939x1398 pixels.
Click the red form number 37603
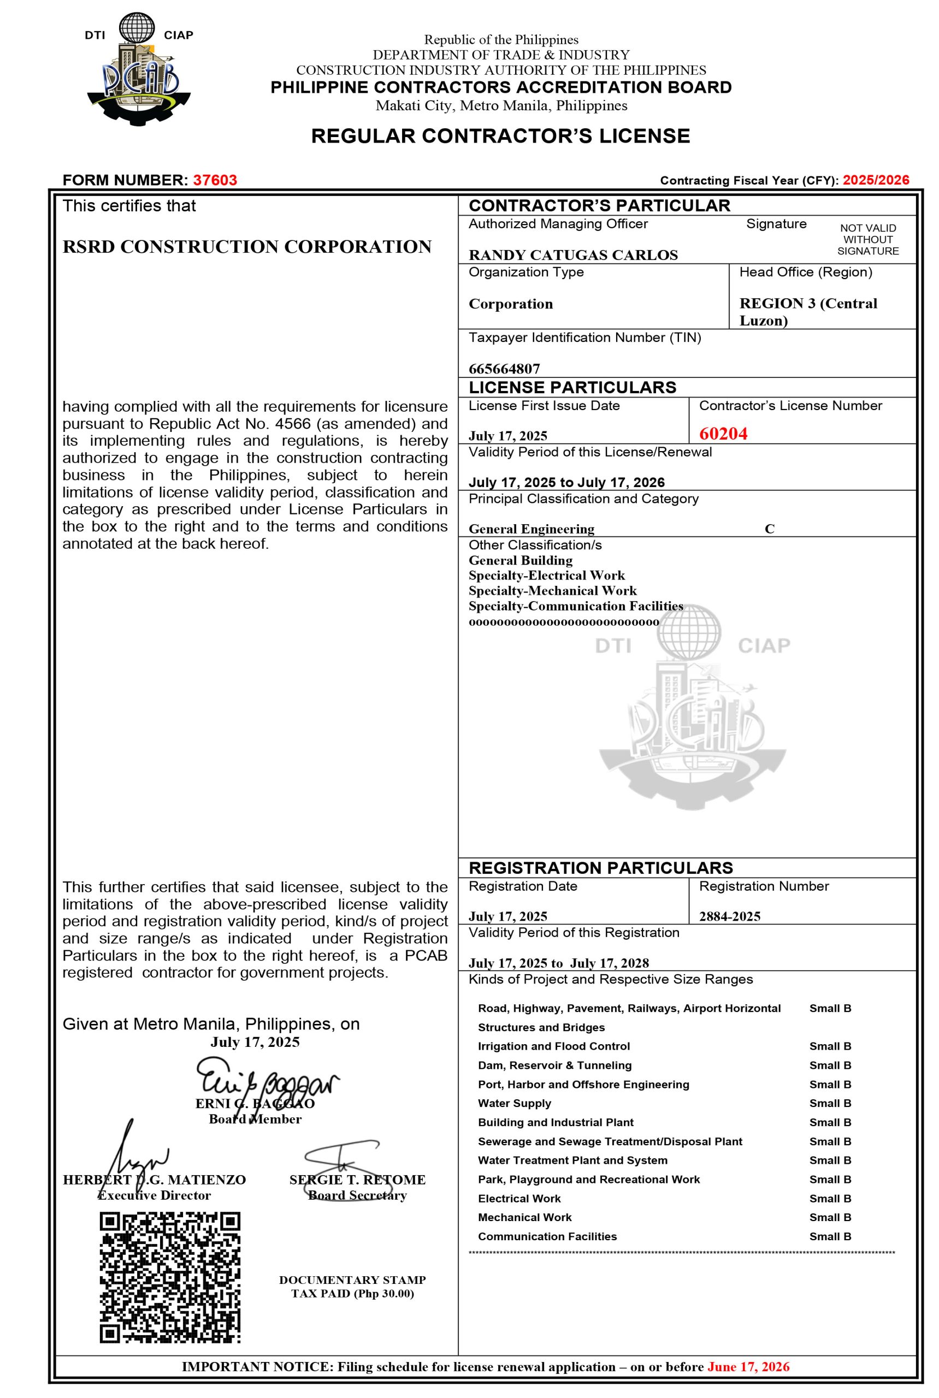pos(215,180)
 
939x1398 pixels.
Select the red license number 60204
pos(723,434)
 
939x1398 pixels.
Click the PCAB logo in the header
pos(138,69)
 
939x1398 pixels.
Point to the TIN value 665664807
pos(504,368)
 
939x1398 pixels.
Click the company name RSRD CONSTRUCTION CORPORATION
pos(247,247)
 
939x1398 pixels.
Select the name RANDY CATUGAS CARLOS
pos(573,255)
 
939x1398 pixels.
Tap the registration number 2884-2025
pos(729,916)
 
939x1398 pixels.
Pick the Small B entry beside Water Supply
pos(830,1103)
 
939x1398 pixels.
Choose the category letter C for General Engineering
pos(770,529)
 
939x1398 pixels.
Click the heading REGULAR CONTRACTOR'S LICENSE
pos(501,136)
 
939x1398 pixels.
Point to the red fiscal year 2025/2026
pos(876,180)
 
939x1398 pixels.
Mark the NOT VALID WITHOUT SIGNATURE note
pos(868,240)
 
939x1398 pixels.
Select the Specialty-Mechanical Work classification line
pos(552,591)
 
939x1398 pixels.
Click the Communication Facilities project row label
pos(547,1236)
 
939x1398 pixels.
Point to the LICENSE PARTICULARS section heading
pos(572,387)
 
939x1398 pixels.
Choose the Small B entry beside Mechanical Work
pos(830,1217)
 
